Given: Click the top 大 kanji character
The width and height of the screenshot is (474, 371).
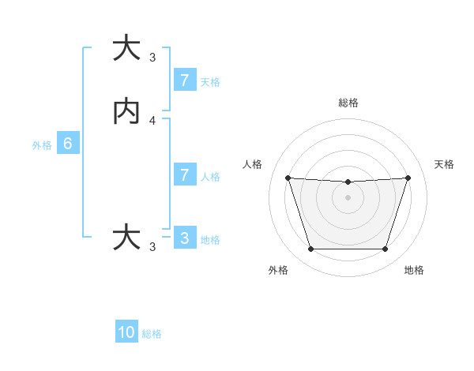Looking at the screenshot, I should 126,48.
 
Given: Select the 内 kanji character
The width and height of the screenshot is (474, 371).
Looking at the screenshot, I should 126,112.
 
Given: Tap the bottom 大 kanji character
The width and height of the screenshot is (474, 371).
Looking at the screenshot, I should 126,237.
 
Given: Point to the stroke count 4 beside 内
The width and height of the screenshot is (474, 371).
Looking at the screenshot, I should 152,121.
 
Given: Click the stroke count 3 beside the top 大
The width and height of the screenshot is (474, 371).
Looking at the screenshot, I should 152,58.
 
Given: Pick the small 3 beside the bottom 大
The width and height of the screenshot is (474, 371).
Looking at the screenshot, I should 152,247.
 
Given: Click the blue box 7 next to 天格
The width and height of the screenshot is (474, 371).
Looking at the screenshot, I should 184,81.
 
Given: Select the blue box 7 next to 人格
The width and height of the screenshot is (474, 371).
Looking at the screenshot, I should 184,175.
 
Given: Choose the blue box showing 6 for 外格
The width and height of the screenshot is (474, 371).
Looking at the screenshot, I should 68,144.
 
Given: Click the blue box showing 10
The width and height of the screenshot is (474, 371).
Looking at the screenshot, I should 126,332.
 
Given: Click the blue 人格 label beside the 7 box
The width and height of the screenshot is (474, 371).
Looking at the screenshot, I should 210,177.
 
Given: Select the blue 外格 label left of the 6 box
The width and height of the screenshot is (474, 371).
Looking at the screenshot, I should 42,145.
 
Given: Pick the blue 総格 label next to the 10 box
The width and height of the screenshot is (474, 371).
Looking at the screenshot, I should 152,334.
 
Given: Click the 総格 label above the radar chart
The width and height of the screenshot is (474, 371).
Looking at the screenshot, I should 348,103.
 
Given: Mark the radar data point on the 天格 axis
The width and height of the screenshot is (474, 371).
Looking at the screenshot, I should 408,178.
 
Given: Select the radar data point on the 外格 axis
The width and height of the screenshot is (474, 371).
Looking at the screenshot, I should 310,249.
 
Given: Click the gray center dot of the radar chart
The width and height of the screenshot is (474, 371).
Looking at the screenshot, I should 348,197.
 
